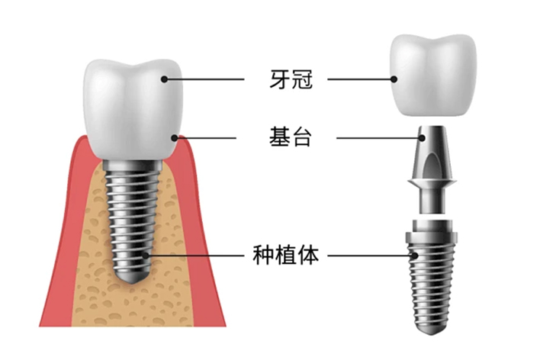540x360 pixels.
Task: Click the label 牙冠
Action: click(x=291, y=79)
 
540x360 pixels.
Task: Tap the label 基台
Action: click(x=291, y=137)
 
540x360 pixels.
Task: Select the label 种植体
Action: click(x=286, y=255)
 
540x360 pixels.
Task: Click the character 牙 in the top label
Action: click(x=280, y=79)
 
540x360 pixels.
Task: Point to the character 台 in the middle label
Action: click(x=302, y=137)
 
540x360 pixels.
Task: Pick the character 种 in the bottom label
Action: click(x=264, y=255)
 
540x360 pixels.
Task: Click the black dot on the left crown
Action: click(x=164, y=79)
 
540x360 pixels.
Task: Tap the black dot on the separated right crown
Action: click(x=394, y=79)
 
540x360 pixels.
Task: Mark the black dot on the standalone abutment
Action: click(x=423, y=138)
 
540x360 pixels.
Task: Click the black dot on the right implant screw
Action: click(x=416, y=256)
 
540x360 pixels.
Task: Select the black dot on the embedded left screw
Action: click(x=146, y=256)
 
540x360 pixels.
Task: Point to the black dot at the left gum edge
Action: click(x=175, y=138)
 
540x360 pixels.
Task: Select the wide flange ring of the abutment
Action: click(x=432, y=182)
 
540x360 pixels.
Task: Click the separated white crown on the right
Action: click(x=433, y=75)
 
